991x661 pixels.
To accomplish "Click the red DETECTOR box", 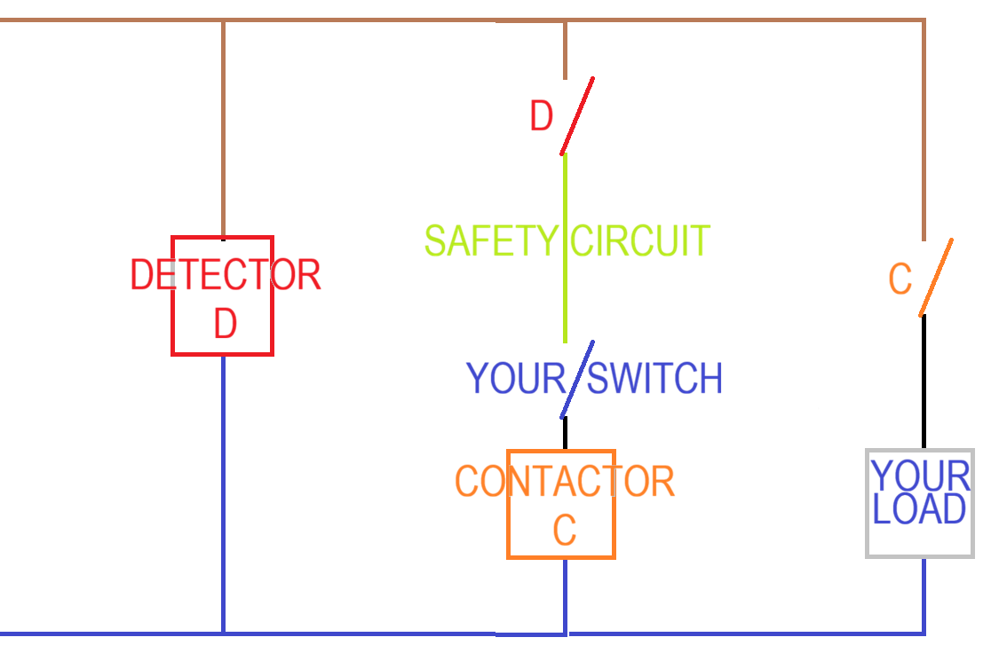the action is point(172,295).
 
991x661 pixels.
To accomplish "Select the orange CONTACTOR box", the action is point(508,504).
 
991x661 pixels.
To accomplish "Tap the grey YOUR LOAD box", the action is point(867,503).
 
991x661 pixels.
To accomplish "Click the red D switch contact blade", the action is point(577,116).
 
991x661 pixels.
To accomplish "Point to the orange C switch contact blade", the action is point(936,277).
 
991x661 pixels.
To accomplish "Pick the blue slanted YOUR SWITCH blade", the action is point(577,380).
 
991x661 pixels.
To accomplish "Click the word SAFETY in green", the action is point(491,240).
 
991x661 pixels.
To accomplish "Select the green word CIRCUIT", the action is point(640,240).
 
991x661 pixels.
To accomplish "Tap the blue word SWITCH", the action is point(654,378).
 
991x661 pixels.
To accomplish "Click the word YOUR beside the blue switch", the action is point(516,378).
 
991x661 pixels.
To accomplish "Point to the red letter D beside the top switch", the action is point(542,115).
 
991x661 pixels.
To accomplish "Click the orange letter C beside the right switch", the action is point(900,279).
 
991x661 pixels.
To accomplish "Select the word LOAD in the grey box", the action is point(919,509).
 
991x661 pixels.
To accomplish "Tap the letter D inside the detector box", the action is point(226,323).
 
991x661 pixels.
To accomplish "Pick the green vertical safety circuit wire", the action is point(565,248).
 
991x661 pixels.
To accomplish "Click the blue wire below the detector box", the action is point(223,494).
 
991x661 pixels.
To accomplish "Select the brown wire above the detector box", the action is point(223,130).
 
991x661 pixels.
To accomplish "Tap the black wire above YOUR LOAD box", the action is point(924,382).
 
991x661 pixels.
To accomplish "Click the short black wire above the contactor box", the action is point(565,433).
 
